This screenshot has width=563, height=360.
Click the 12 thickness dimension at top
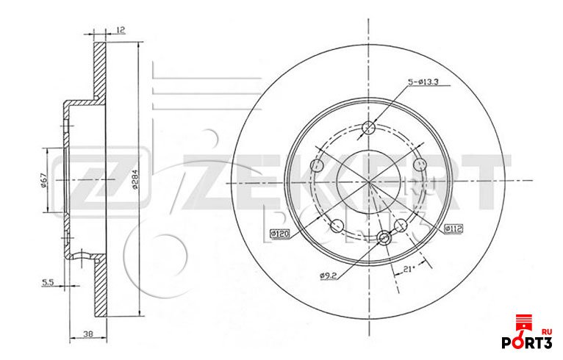click(x=120, y=30)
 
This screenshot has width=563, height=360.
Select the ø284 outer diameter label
click(x=135, y=179)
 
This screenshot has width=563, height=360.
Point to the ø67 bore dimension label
click(x=43, y=181)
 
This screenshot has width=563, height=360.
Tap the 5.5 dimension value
click(x=48, y=281)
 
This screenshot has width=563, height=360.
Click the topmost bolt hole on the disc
click(x=370, y=129)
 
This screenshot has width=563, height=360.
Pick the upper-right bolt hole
click(x=420, y=165)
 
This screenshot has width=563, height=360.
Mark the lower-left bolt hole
click(x=337, y=226)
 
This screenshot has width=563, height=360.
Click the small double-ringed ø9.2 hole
click(x=384, y=237)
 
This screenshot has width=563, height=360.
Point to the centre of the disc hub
click(x=369, y=181)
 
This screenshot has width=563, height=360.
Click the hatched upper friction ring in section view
click(x=100, y=70)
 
